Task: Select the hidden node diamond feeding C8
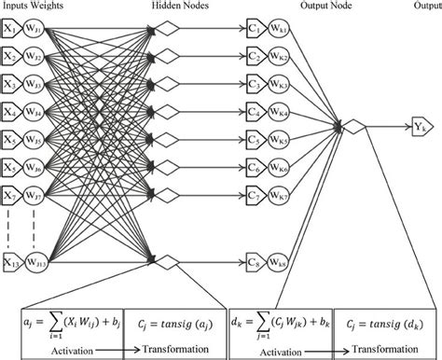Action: pos(166,260)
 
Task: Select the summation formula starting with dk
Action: pos(283,319)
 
